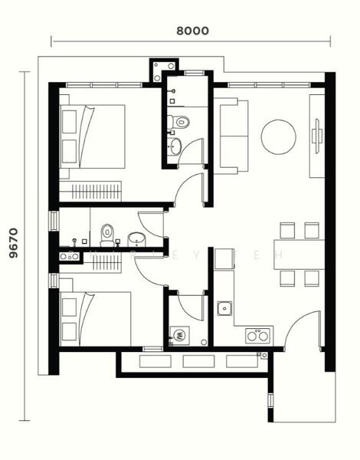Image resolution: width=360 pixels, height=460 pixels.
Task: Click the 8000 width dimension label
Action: click(x=192, y=31)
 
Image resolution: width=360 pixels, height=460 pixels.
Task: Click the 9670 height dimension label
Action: click(x=13, y=244)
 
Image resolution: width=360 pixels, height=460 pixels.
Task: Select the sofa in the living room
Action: click(x=233, y=136)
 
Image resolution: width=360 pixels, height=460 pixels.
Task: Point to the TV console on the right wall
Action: click(x=317, y=136)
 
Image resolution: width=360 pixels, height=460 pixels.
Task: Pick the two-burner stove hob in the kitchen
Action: click(x=257, y=335)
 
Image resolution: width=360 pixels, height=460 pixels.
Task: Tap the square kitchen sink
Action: click(x=225, y=309)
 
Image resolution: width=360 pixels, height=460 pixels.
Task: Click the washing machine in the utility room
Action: click(x=179, y=334)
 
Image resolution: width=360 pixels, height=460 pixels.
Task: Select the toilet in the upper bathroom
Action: click(x=181, y=121)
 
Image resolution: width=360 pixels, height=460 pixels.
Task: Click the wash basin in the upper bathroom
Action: click(x=176, y=146)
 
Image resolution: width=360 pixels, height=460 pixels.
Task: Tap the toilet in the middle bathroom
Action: click(x=107, y=231)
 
